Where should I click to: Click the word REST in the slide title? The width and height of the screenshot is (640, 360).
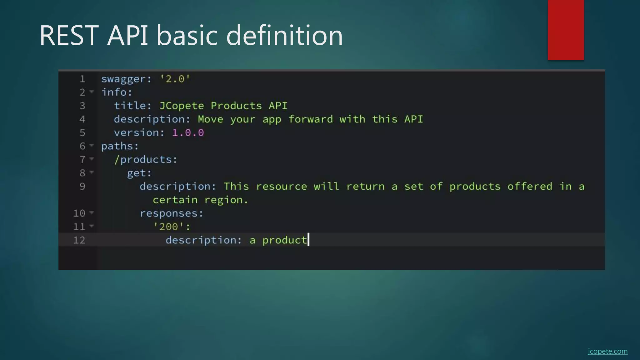[69, 35]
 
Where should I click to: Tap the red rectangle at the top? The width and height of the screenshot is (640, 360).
[566, 30]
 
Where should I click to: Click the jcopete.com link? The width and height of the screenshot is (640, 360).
[607, 351]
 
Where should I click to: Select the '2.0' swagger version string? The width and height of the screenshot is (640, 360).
[175, 79]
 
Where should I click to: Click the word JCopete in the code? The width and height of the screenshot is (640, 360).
[182, 106]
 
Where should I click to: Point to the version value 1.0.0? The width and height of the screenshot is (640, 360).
[188, 133]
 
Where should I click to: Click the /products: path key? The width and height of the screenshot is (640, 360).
[146, 160]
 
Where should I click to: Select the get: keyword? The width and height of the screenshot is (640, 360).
[139, 173]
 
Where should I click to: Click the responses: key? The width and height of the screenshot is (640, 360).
[171, 213]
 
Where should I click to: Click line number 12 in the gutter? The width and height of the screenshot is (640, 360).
[79, 240]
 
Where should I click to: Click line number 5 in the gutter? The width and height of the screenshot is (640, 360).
[82, 133]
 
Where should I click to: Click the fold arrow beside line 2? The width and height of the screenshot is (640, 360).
[92, 92]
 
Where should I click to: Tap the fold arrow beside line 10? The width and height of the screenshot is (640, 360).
[92, 212]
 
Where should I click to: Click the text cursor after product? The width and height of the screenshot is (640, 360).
[308, 240]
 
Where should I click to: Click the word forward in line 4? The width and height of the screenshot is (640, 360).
[311, 119]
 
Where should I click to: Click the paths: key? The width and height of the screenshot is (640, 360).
[120, 146]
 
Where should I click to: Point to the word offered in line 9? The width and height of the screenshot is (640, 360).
[530, 187]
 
